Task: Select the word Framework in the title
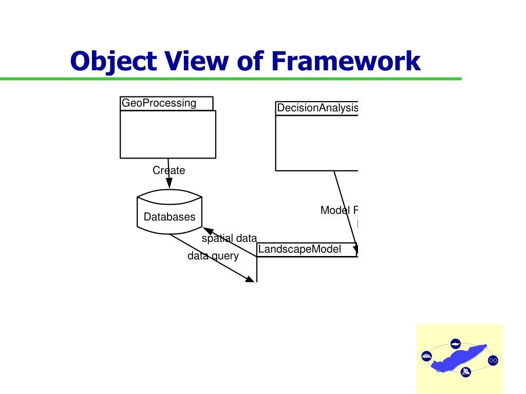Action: [x=346, y=62]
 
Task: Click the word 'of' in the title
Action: [x=249, y=62]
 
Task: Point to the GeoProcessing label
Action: [x=159, y=103]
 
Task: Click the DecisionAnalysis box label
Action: [x=317, y=108]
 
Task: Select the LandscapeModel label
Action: [x=299, y=249]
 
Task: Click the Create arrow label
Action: [x=168, y=170]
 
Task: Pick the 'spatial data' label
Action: [x=229, y=238]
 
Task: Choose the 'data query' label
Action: [x=213, y=255]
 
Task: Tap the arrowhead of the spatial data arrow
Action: [x=208, y=231]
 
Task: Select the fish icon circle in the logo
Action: [x=455, y=343]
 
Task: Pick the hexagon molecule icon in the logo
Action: [x=493, y=360]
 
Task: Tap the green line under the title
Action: [x=231, y=79]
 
